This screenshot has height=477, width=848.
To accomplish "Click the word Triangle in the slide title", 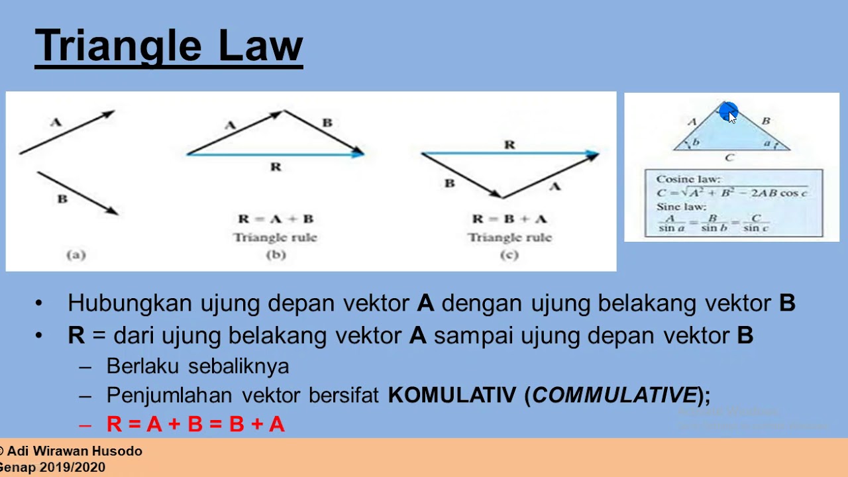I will pyautogui.click(x=119, y=46).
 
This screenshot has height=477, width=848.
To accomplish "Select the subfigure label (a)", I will pyautogui.click(x=76, y=254).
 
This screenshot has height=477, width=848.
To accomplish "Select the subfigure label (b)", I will pyautogui.click(x=276, y=254).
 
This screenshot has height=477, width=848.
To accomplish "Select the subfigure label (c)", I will pyautogui.click(x=509, y=254).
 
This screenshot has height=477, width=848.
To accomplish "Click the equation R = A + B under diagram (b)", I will pyautogui.click(x=276, y=219).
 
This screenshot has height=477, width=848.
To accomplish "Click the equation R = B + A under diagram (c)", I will pyautogui.click(x=509, y=219).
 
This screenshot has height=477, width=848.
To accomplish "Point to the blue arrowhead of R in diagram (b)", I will pyautogui.click(x=358, y=154).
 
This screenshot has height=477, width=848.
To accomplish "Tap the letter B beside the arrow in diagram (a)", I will pyautogui.click(x=62, y=199).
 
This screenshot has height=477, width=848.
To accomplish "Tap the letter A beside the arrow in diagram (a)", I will pyautogui.click(x=56, y=122).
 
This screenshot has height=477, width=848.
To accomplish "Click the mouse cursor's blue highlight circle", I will pyautogui.click(x=727, y=111).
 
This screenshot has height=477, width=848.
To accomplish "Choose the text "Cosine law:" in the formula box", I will pyautogui.click(x=688, y=179).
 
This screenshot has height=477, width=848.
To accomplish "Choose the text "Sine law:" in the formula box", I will pyautogui.click(x=681, y=207).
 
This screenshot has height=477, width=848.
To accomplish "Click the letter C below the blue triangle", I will pyautogui.click(x=729, y=158).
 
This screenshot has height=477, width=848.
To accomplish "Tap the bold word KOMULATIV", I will pyautogui.click(x=452, y=396).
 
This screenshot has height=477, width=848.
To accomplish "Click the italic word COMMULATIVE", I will pyautogui.click(x=614, y=396).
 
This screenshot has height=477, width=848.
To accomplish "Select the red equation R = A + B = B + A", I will pyautogui.click(x=195, y=424).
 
